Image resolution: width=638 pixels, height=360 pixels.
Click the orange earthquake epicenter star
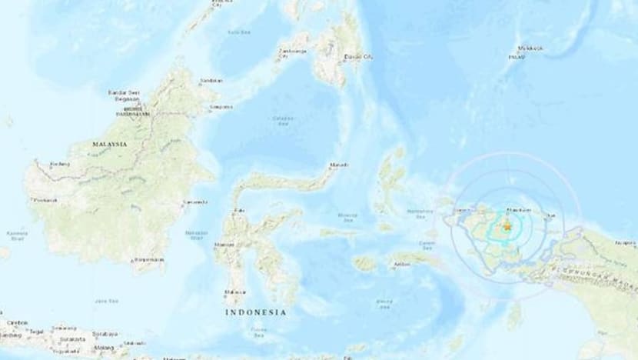pyautogui.click(x=507, y=226)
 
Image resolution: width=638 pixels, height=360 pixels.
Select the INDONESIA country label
pyautogui.click(x=256, y=312)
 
